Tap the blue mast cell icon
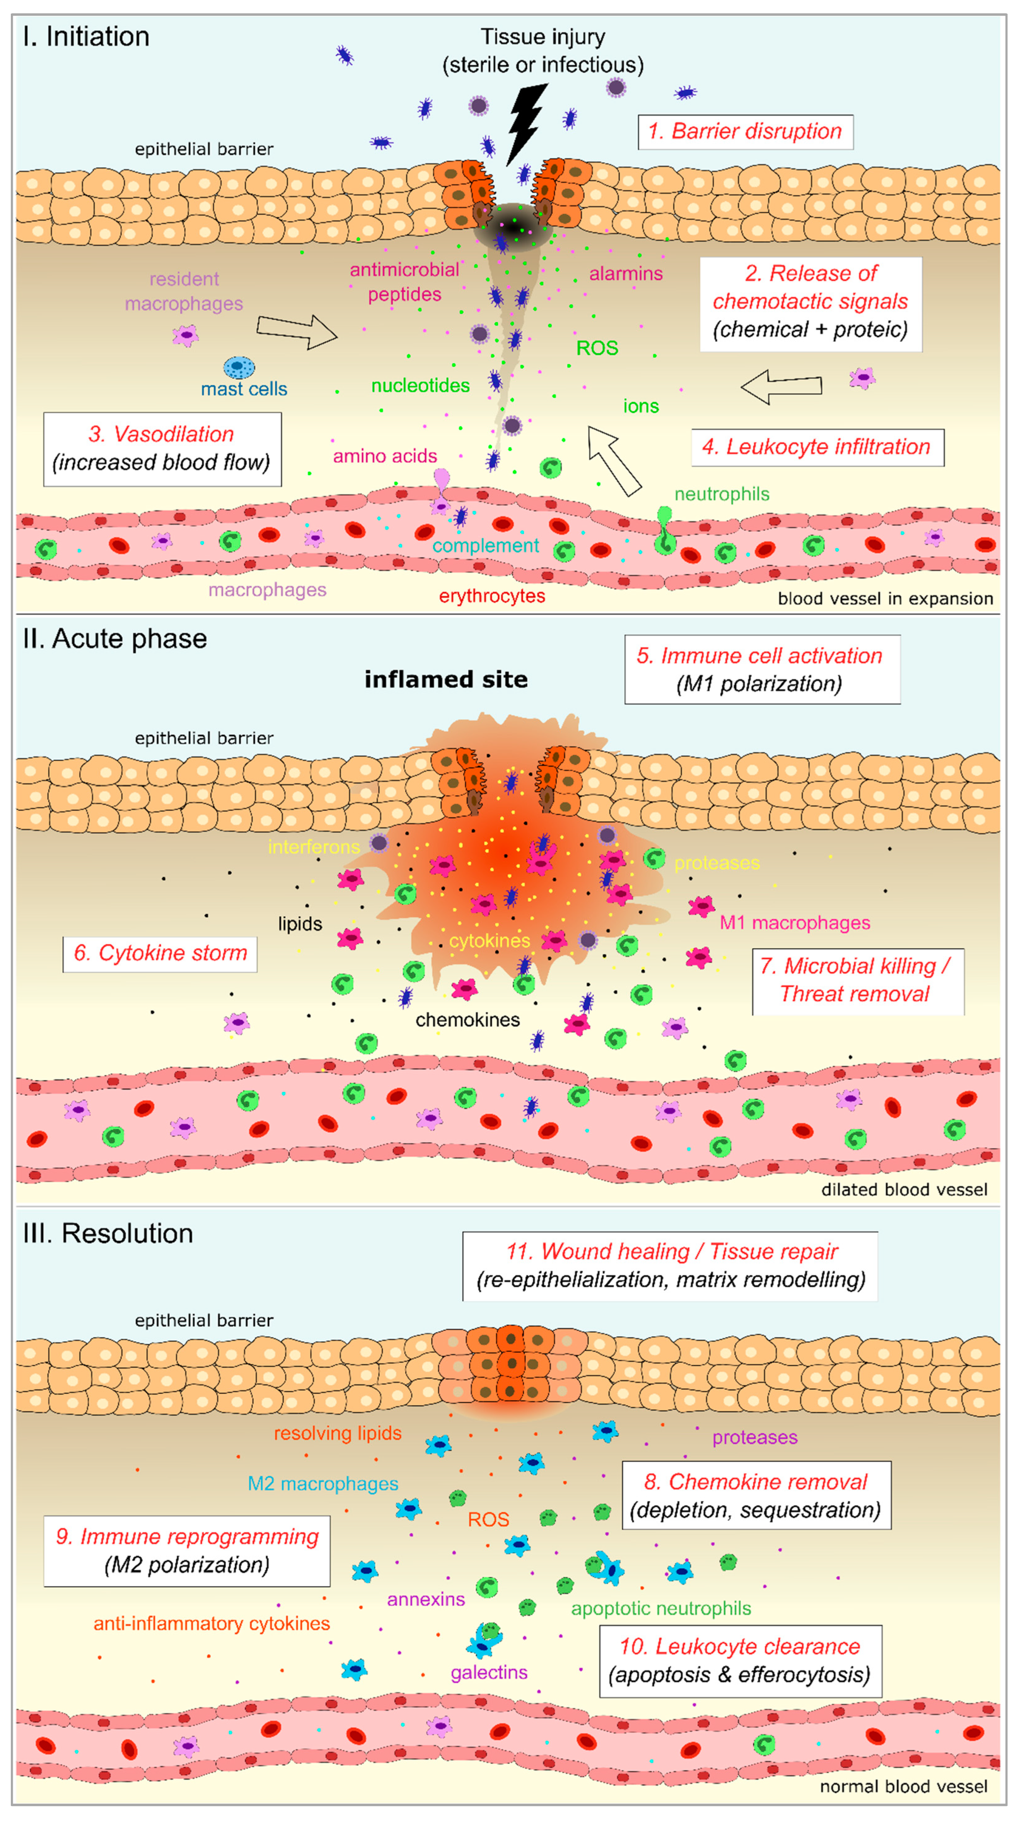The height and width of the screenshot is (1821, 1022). coord(239,367)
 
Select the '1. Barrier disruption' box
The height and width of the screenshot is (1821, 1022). coord(745,132)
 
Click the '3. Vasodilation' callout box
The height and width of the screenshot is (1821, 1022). coord(162,448)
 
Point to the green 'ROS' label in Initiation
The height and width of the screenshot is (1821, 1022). coord(597,348)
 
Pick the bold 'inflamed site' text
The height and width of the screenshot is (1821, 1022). coord(446,679)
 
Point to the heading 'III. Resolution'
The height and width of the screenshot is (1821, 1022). coord(107,1234)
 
